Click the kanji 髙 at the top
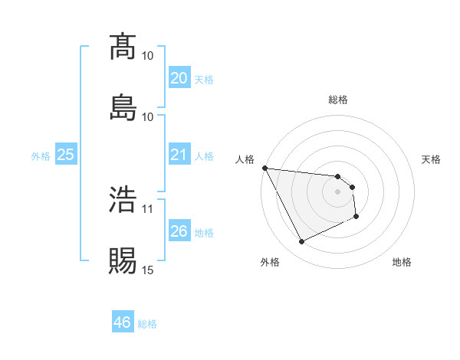pos(123,47)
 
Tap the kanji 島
pos(123,106)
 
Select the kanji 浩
pos(123,198)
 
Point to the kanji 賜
pos(123,260)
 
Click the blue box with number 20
pos(179,78)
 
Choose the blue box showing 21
pos(179,155)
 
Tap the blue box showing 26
pos(179,231)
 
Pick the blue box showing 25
pos(66,155)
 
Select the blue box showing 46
pos(123,322)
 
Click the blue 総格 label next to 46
pos(147,324)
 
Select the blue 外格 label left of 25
pos(41,155)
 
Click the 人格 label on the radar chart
pos(245,159)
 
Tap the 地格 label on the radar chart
pos(402,262)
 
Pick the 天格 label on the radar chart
pos(431,159)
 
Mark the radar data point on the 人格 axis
pos(264,168)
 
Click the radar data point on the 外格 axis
pos(301,242)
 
